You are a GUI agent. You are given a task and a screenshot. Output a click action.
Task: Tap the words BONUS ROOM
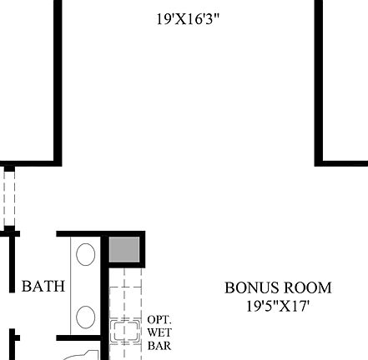point(277,287)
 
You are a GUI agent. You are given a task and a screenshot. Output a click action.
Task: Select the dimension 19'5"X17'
point(277,306)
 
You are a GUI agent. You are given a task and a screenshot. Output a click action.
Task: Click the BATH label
point(43,287)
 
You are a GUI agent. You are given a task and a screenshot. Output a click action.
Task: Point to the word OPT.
point(159,319)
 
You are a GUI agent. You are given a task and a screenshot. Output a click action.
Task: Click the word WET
point(159,332)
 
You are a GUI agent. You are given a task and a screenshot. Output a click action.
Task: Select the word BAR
point(159,344)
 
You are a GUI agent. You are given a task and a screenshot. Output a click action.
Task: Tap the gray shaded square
point(124,249)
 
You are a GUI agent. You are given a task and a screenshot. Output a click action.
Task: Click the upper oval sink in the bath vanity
point(85,253)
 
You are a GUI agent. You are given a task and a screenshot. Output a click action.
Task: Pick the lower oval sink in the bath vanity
point(85,317)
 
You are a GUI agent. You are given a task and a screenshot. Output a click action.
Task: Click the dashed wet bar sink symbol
point(127,331)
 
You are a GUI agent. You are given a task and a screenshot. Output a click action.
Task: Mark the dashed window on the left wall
point(8,197)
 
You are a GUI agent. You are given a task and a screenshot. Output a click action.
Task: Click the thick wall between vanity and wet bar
point(104,300)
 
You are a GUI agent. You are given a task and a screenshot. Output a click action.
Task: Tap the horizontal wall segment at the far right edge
point(342,162)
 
